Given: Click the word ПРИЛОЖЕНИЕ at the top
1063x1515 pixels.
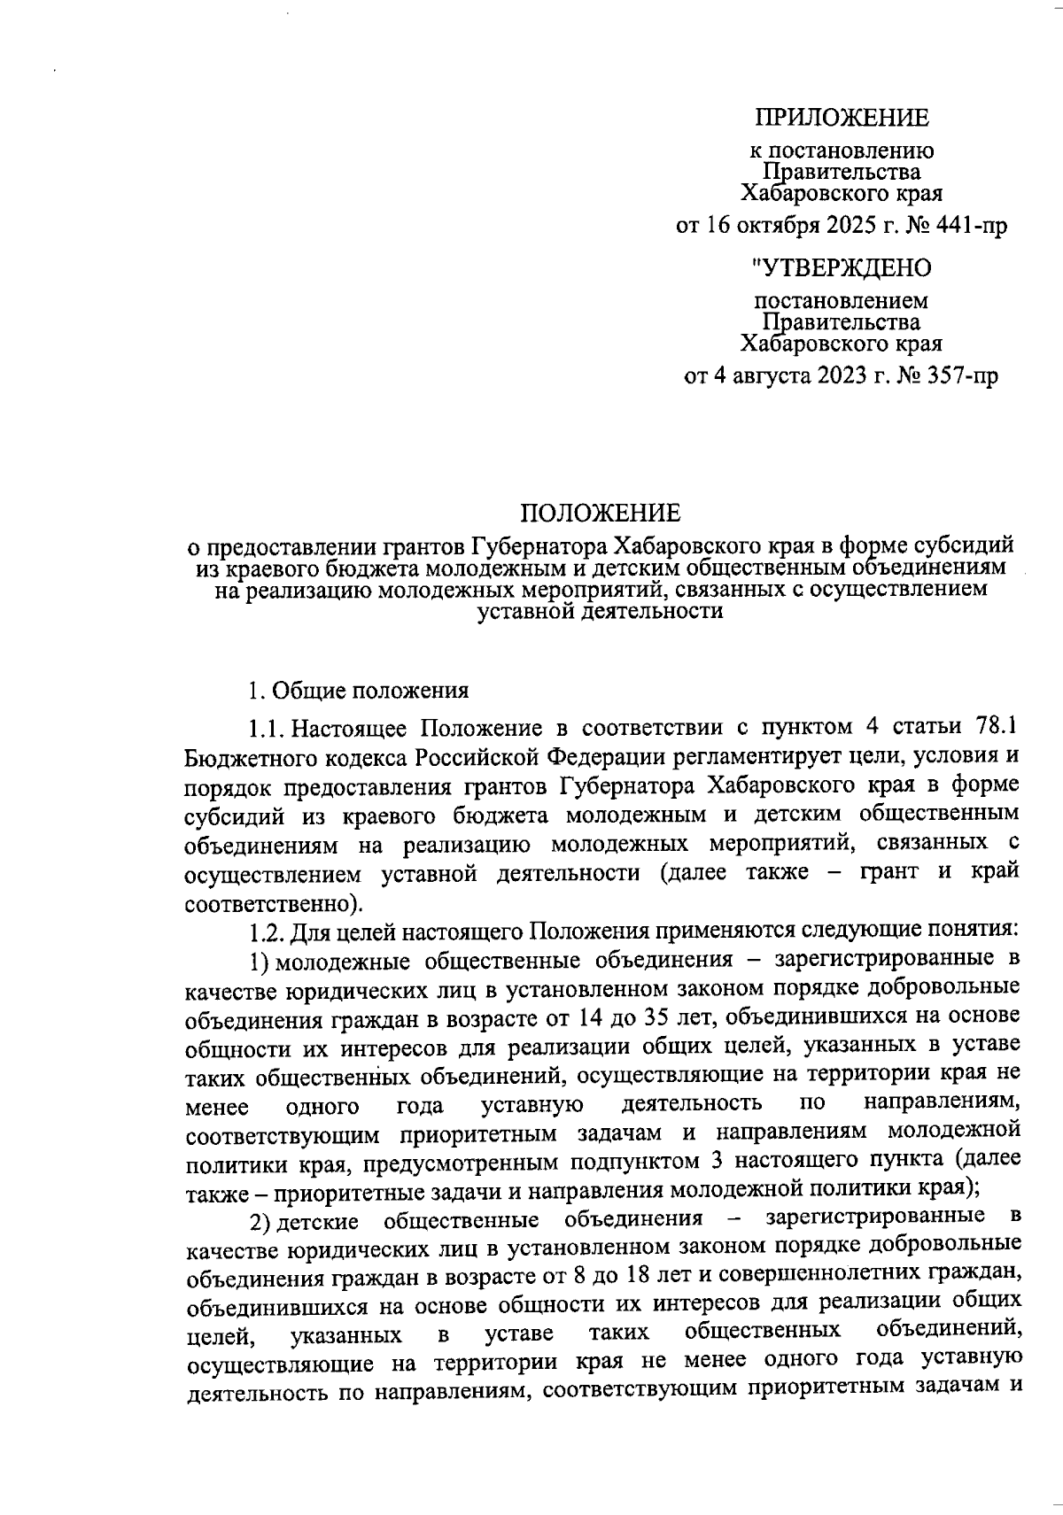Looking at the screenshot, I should (x=842, y=118).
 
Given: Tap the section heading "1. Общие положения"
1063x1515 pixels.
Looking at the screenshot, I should (x=358, y=690).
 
